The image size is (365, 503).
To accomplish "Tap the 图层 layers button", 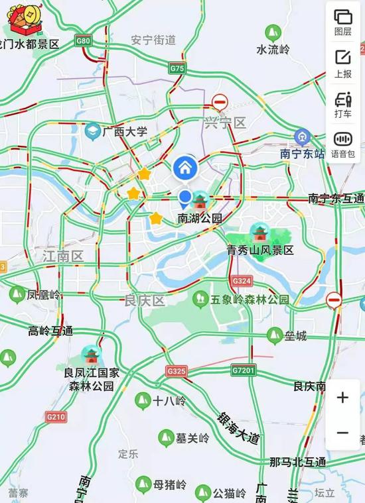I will pyautogui.click(x=343, y=22).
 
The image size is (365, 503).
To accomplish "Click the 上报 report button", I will pyautogui.click(x=343, y=63).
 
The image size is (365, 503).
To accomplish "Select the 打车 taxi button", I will pyautogui.click(x=343, y=104).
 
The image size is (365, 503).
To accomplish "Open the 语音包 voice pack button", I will pyautogui.click(x=343, y=144).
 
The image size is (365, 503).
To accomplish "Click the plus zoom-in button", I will pyautogui.click(x=342, y=398).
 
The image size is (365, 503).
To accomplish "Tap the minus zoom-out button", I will pyautogui.click(x=342, y=433).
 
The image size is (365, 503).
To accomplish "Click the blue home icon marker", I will pyautogui.click(x=186, y=168).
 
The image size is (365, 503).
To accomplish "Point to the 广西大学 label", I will pyautogui.click(x=125, y=132).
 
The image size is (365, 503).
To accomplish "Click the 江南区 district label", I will pyautogui.click(x=62, y=256).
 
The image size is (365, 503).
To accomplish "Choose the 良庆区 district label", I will pyautogui.click(x=145, y=300).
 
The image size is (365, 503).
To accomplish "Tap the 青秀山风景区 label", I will pyautogui.click(x=260, y=250).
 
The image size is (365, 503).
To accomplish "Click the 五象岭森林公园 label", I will pyautogui.click(x=250, y=300).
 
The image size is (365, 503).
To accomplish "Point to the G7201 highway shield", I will pyautogui.click(x=244, y=370).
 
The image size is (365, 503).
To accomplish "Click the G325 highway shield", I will pyautogui.click(x=177, y=371).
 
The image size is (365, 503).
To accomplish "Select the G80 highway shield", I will pyautogui.click(x=84, y=41).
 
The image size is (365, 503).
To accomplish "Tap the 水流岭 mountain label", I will pyautogui.click(x=273, y=49).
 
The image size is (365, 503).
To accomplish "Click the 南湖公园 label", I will pyautogui.click(x=200, y=217).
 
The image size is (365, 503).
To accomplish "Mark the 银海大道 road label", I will pyautogui.click(x=239, y=428).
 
